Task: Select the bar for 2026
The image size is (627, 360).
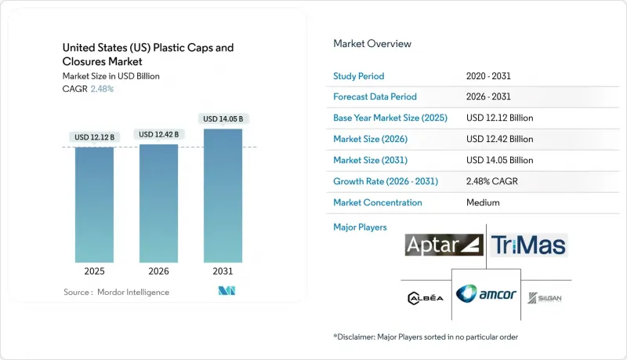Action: (x=158, y=204)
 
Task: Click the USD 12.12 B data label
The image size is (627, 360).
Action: (x=94, y=137)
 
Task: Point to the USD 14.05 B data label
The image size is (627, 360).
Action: (x=223, y=119)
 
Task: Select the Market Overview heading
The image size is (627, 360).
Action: (x=372, y=44)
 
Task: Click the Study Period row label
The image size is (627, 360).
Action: (x=360, y=75)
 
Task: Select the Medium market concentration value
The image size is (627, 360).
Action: (x=483, y=202)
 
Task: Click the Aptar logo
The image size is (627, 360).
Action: (x=444, y=245)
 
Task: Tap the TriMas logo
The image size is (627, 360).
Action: (x=529, y=245)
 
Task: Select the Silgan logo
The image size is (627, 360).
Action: (x=544, y=298)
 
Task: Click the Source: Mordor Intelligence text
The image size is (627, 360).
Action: (x=116, y=292)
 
